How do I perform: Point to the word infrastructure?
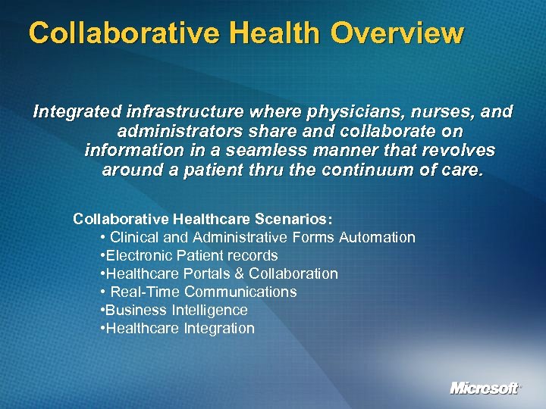coord(177,112)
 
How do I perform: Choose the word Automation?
coord(377,237)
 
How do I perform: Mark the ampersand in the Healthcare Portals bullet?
coord(240,273)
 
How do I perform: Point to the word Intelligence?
coord(209,310)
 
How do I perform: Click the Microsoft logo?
coord(485,389)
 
